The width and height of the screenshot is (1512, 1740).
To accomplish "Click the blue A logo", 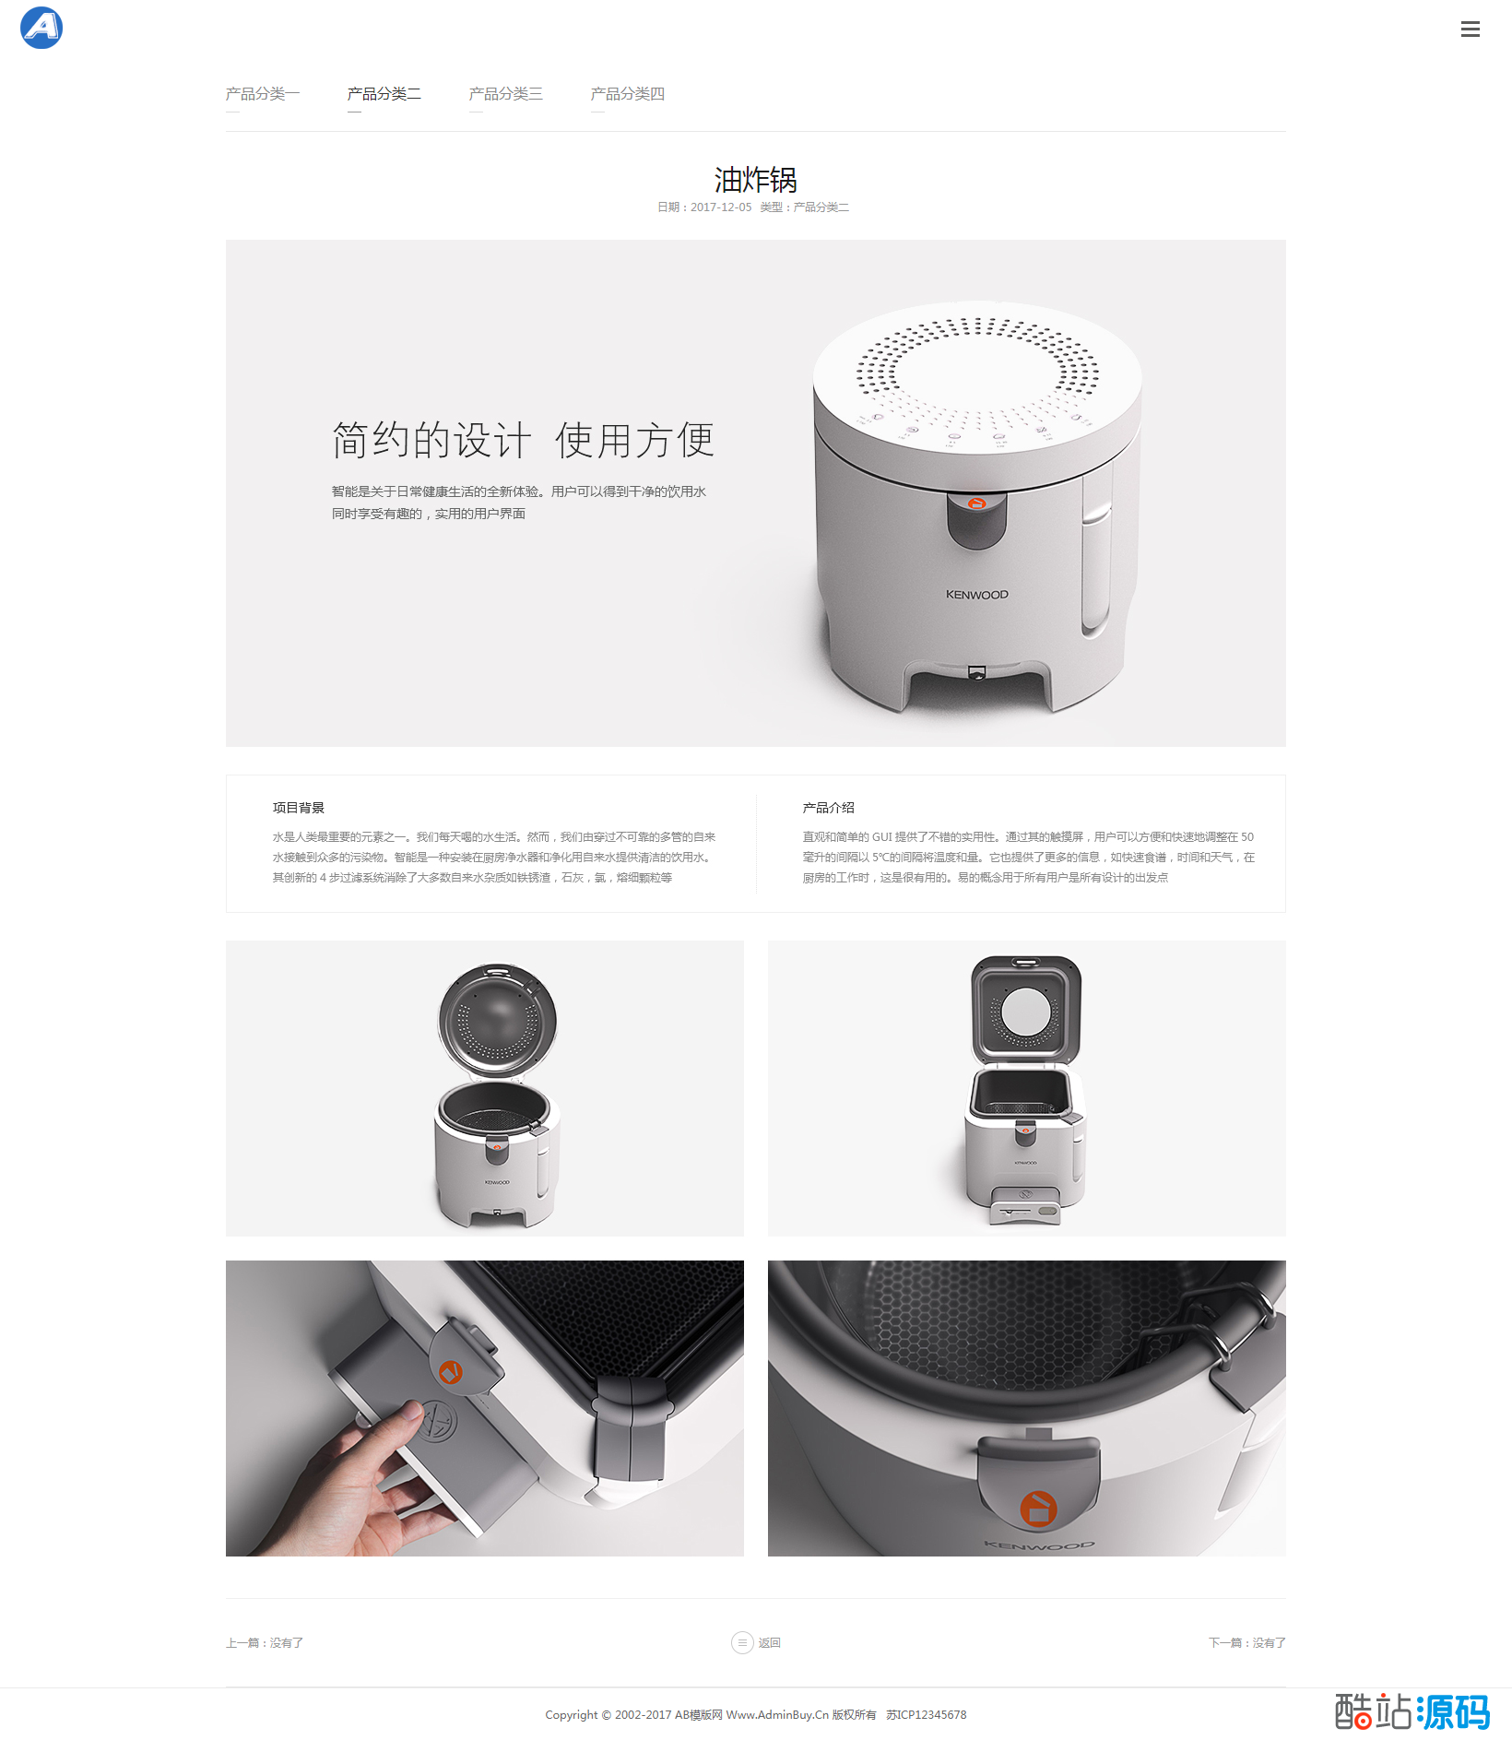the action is (x=41, y=28).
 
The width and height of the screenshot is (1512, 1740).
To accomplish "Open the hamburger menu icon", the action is (x=1471, y=30).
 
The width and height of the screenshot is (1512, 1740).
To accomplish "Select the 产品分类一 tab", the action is (x=263, y=94).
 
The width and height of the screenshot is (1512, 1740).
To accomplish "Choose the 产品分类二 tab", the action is (x=384, y=94).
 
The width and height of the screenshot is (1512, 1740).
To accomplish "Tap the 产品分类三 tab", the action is (x=506, y=94).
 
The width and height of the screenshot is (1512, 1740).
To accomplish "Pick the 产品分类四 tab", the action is (x=628, y=94).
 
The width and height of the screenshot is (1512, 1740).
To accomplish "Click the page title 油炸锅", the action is (x=756, y=179).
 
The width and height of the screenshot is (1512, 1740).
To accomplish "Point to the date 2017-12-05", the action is (x=721, y=207).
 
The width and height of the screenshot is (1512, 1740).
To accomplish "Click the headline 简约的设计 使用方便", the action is (x=523, y=440).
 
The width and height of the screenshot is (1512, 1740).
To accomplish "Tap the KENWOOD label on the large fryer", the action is (x=977, y=595).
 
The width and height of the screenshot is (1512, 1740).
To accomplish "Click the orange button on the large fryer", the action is (x=977, y=503).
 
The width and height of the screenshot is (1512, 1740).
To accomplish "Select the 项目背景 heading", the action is (x=299, y=808).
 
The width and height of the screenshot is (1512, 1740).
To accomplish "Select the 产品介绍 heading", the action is (x=829, y=808).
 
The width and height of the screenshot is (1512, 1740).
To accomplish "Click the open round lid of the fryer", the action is (x=497, y=1020).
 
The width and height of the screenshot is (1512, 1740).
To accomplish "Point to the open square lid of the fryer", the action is (x=1026, y=1011).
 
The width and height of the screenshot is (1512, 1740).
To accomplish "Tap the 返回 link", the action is (x=770, y=1643).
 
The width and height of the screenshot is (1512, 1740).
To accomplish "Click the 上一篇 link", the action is (x=265, y=1643).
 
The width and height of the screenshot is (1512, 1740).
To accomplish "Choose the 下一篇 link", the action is (x=1247, y=1643).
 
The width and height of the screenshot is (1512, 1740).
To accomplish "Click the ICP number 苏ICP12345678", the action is (x=927, y=1715).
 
